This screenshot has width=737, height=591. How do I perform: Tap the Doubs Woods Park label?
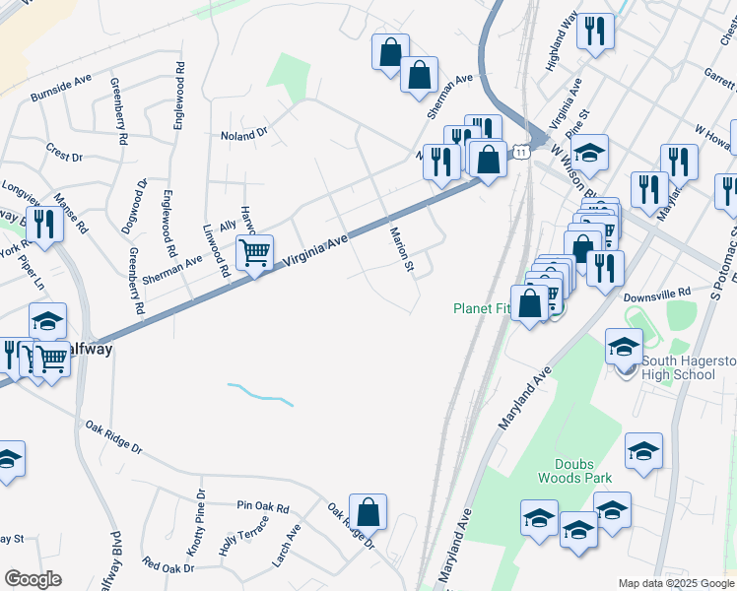[574, 471]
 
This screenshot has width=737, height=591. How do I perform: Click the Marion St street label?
[404, 251]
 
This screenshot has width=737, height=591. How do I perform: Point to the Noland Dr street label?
[244, 133]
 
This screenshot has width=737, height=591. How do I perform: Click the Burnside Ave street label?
[61, 94]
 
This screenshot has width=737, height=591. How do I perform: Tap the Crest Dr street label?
[64, 153]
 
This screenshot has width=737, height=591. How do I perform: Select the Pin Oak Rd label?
[263, 508]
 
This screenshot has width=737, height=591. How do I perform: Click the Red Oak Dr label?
[167, 567]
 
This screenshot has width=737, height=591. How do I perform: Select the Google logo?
[33, 578]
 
